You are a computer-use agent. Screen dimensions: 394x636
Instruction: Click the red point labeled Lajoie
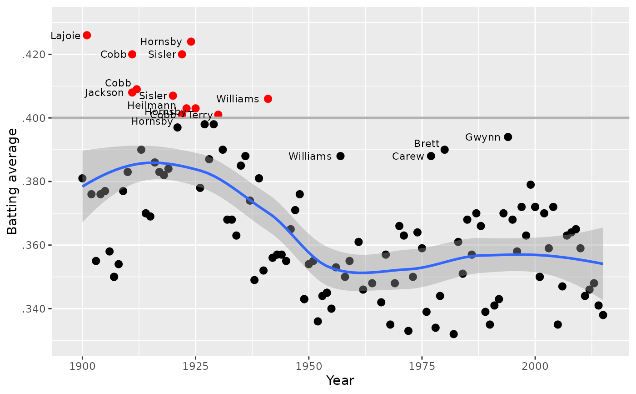coord(87,35)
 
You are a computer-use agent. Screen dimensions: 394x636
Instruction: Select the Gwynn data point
coord(508,137)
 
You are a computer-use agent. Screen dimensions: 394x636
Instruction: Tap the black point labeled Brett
coord(444,150)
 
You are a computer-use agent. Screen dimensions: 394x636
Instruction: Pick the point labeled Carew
coord(431,156)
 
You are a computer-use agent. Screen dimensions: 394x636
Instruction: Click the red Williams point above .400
coord(268,99)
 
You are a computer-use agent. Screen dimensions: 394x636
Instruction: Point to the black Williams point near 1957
coord(340,156)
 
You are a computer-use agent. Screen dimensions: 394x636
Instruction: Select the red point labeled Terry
coord(218,115)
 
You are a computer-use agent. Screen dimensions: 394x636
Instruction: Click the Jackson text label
coord(104,93)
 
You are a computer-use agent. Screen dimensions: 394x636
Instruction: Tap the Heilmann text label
coord(152,106)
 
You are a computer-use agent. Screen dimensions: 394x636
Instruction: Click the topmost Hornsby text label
coord(161,42)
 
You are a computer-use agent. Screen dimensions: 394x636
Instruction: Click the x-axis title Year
coord(340,380)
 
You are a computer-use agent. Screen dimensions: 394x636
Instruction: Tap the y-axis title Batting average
coord(12,182)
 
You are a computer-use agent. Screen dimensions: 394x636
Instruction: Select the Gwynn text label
coord(482,137)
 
